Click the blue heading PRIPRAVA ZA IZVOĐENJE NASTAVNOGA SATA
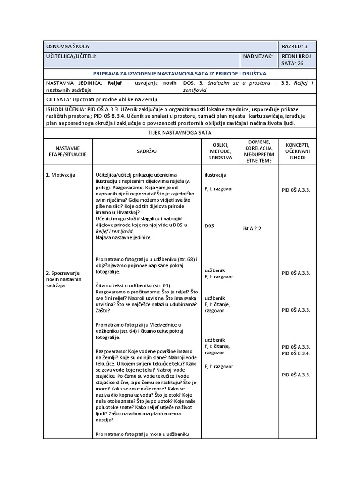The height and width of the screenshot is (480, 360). (x=180, y=73)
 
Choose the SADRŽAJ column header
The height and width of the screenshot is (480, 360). (x=147, y=151)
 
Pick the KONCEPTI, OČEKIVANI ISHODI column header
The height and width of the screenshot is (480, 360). (x=297, y=151)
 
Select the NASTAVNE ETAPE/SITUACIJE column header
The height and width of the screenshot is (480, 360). (x=67, y=151)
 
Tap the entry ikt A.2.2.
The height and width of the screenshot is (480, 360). (x=253, y=229)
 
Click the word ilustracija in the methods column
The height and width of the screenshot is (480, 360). (x=215, y=175)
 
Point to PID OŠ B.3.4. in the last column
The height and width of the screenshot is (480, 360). (x=296, y=353)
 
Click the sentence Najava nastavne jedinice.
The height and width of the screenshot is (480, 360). (x=123, y=238)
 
